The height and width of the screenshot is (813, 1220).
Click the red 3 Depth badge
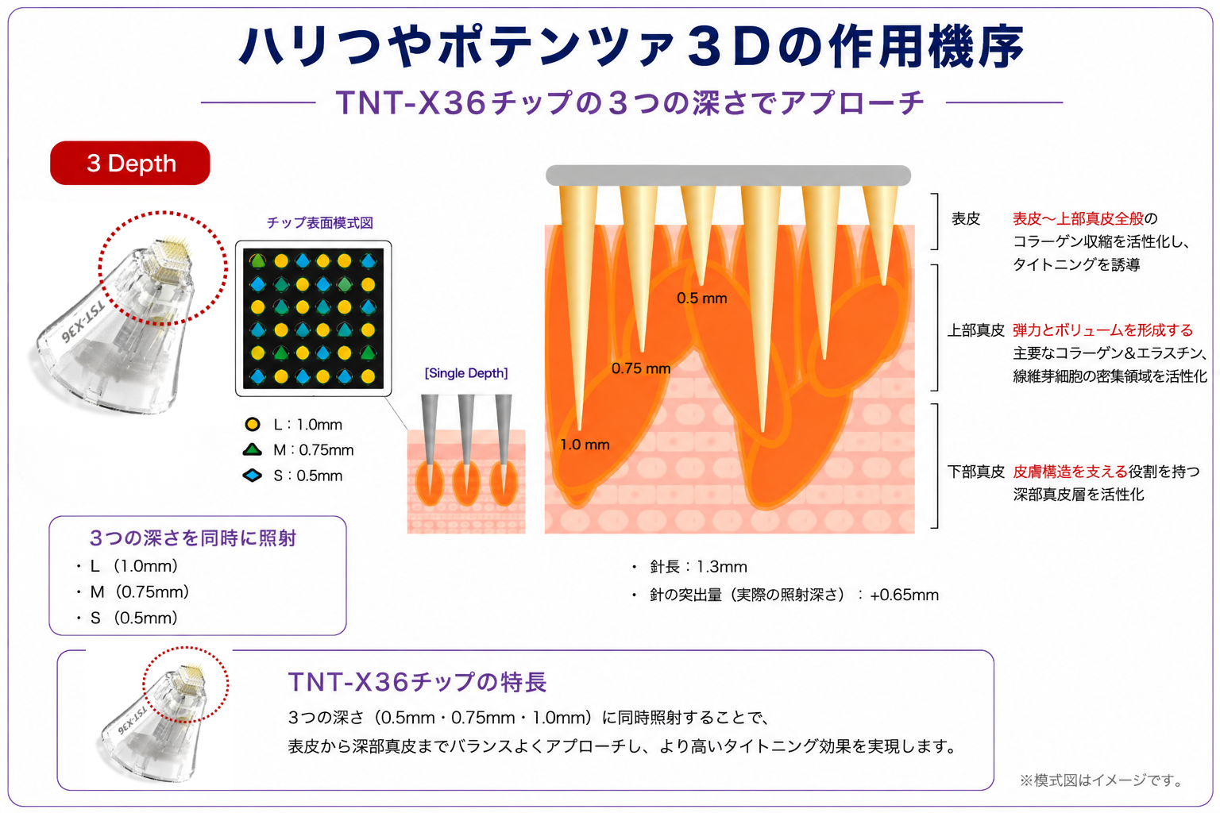pyautogui.click(x=130, y=163)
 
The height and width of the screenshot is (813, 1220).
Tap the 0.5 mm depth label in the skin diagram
pyautogui.click(x=701, y=299)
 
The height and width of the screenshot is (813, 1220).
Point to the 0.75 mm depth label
pyautogui.click(x=640, y=368)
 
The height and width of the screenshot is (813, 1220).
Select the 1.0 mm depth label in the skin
pyautogui.click(x=585, y=445)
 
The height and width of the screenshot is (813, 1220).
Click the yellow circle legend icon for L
pyautogui.click(x=252, y=424)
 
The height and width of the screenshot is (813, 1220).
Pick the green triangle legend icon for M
pyautogui.click(x=252, y=450)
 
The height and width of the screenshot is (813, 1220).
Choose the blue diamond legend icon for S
pyautogui.click(x=252, y=476)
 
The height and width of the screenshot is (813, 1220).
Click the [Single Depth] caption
pyautogui.click(x=466, y=373)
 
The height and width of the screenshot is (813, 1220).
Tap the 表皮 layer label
pyautogui.click(x=966, y=218)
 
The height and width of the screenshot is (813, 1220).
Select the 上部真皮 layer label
pyautogui.click(x=975, y=330)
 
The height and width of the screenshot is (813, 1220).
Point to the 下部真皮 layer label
pyautogui.click(x=975, y=472)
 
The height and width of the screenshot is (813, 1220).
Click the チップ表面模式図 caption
pyautogui.click(x=320, y=223)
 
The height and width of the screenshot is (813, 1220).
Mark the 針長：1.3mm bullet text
pyautogui.click(x=698, y=567)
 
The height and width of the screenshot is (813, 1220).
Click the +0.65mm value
pyautogui.click(x=904, y=595)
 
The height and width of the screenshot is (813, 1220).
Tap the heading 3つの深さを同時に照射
pyautogui.click(x=193, y=538)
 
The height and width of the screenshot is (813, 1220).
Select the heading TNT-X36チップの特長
pyautogui.click(x=417, y=682)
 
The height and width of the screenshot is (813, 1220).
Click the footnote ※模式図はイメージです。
pyautogui.click(x=1102, y=780)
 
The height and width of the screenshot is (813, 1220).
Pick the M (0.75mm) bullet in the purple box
pyautogui.click(x=140, y=592)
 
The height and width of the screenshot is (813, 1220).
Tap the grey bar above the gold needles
pyautogui.click(x=728, y=175)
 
